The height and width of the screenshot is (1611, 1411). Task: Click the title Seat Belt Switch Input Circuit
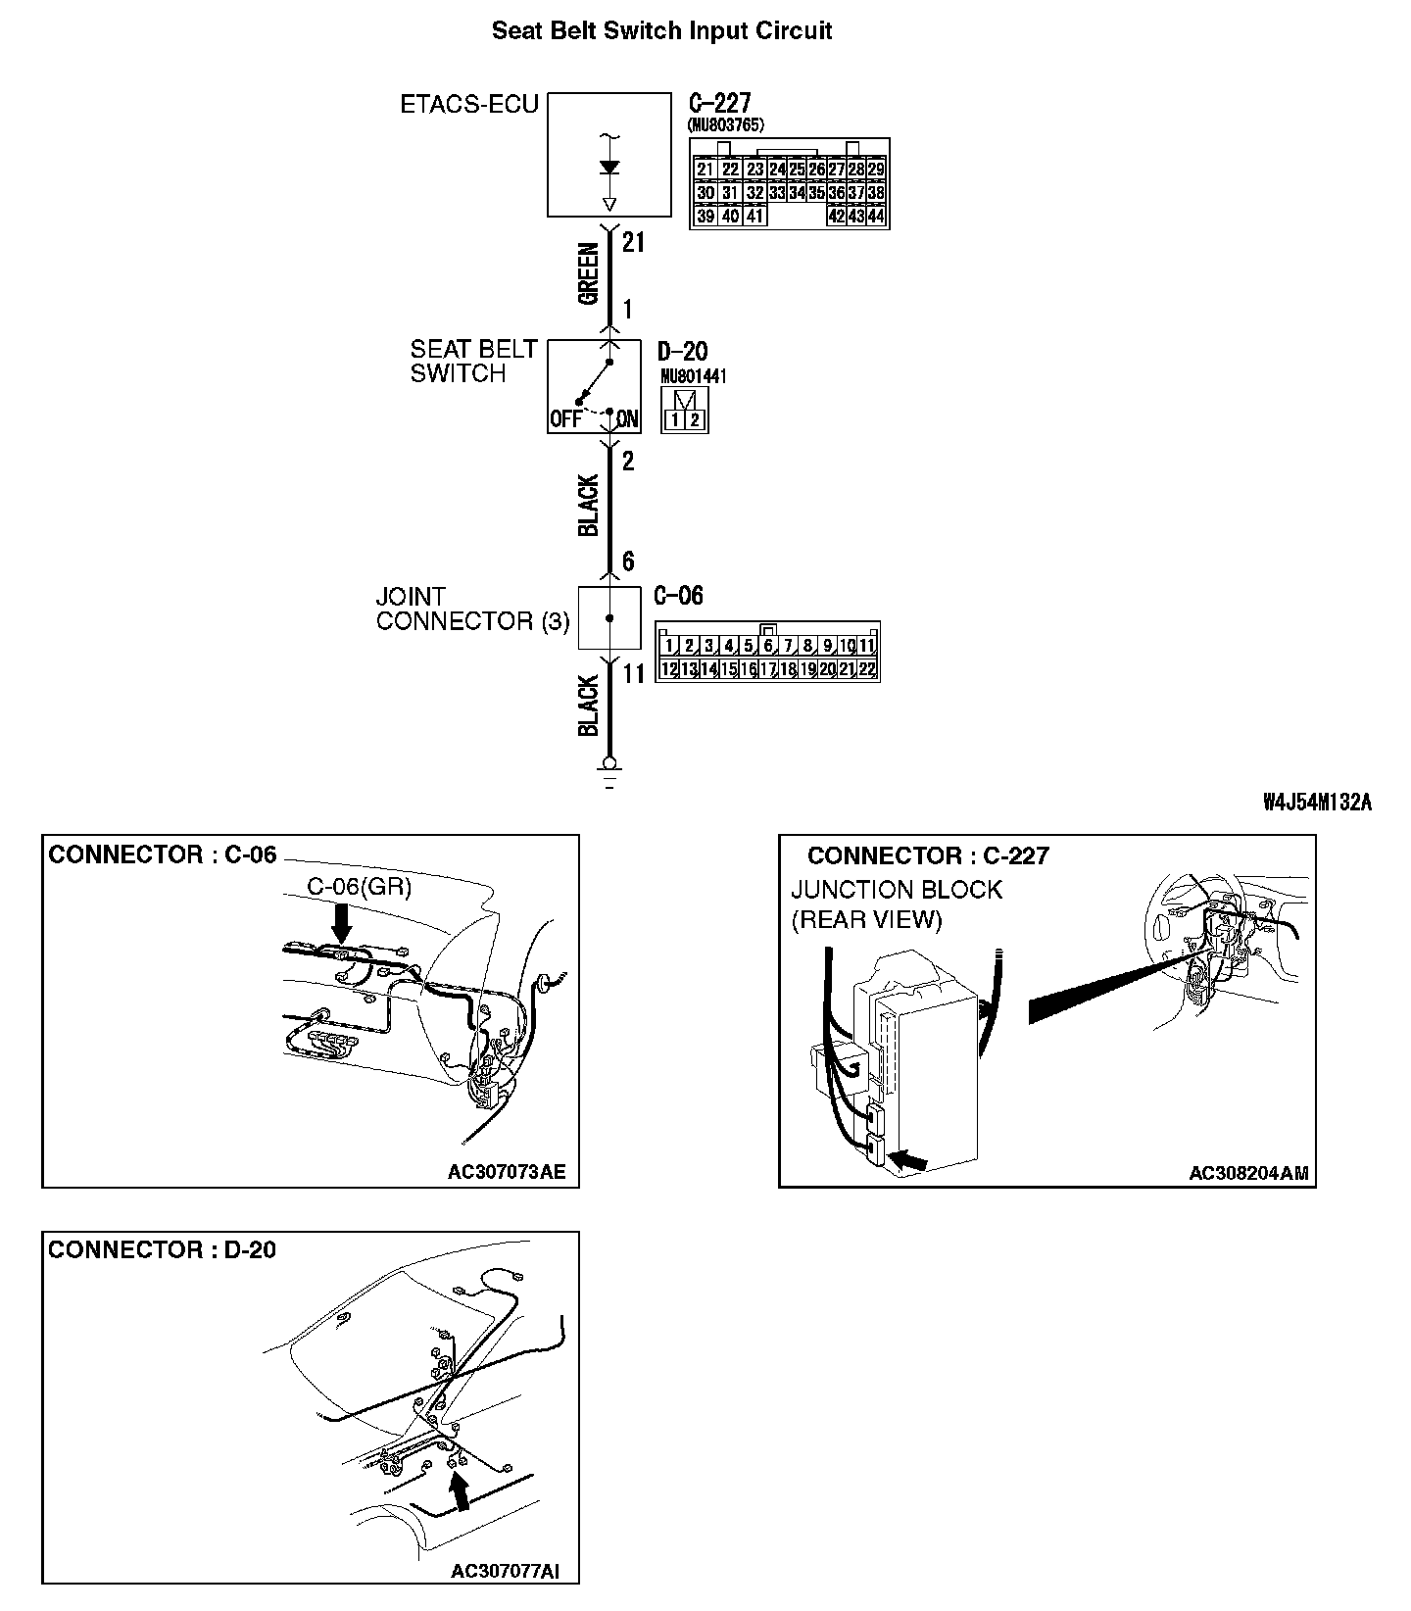point(661,30)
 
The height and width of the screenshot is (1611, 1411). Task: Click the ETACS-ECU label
point(469,104)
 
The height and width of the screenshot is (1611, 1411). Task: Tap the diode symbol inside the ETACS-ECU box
point(609,169)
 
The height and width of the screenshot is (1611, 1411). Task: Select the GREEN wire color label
point(588,274)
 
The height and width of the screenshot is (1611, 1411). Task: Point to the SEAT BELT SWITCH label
point(473,362)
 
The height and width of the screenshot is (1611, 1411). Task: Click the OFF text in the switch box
point(565,420)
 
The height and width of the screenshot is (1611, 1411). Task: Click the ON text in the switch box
point(627,420)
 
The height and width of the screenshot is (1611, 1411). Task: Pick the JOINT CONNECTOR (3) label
point(472,609)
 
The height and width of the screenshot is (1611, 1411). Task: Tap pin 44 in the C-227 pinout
point(875,217)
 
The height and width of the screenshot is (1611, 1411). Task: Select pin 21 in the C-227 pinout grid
point(705,170)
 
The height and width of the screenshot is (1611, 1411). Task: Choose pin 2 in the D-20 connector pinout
point(694,420)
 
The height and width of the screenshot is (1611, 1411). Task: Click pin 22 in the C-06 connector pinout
point(866,669)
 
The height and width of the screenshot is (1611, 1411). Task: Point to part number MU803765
point(726,124)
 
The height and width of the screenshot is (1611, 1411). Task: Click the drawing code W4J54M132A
point(1317,803)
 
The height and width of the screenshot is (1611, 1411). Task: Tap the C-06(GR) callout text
point(360,887)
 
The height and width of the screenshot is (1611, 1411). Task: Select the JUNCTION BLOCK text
point(897,890)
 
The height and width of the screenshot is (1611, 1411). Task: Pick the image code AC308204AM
point(1248,1173)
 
